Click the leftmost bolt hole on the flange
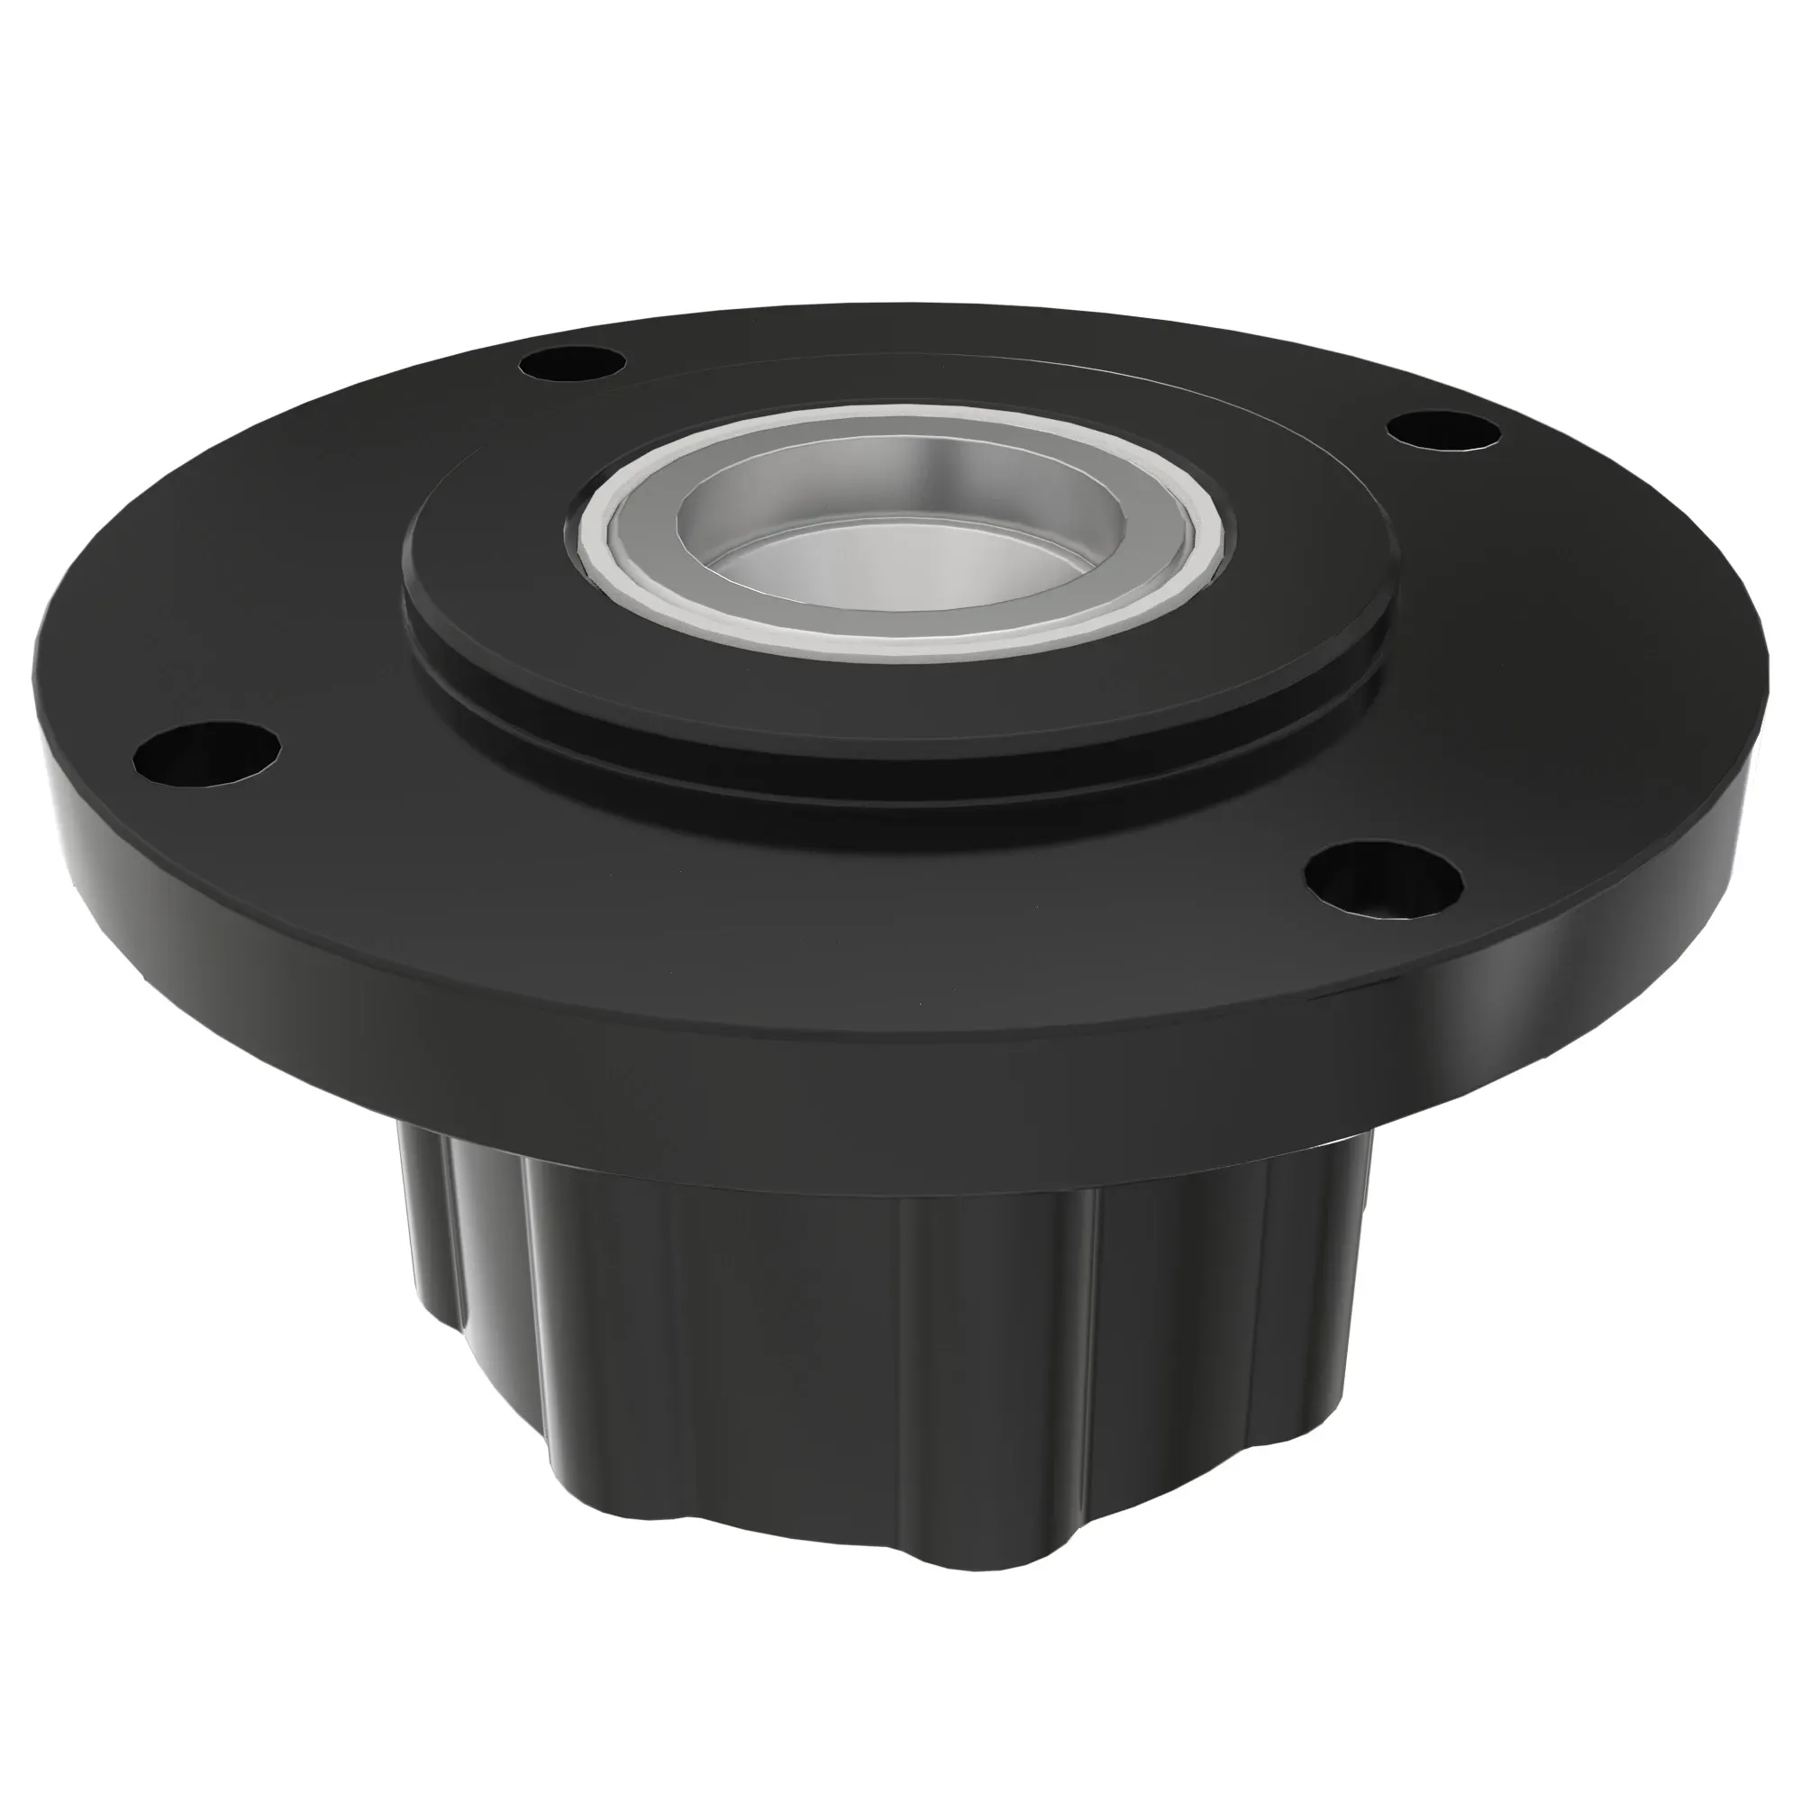207,751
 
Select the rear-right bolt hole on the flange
1443,430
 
